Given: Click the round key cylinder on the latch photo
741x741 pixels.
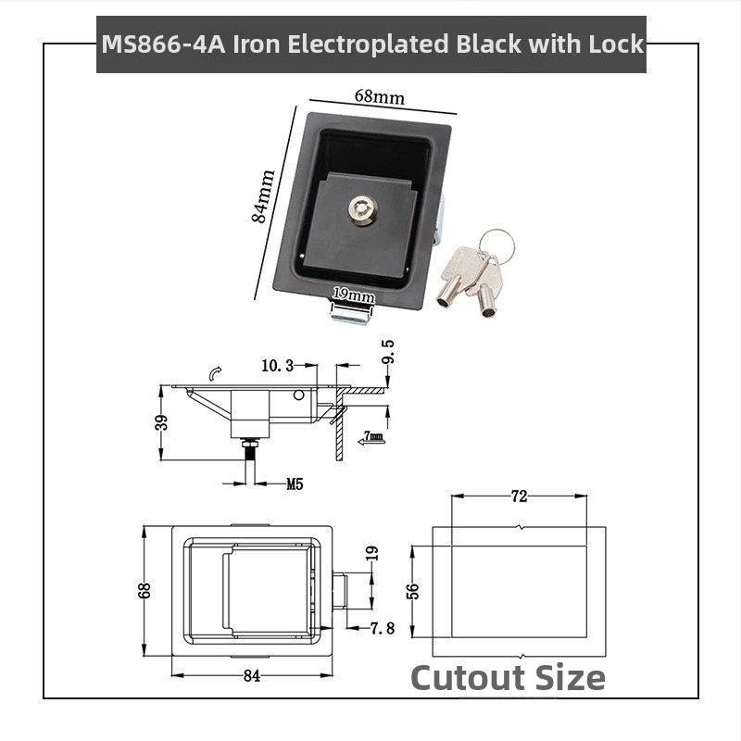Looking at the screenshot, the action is coord(361,211).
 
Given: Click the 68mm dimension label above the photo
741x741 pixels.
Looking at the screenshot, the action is coord(380,97).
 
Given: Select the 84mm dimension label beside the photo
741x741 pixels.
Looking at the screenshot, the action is coord(263,195).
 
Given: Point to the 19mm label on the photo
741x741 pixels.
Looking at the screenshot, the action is coord(354,295).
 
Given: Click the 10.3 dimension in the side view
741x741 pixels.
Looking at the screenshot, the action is coord(277,365).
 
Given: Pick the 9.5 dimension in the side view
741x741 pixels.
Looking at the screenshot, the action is coord(388,352).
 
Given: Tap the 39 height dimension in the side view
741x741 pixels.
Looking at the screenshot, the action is coord(161,422).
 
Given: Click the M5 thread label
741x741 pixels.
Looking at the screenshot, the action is coord(295,484).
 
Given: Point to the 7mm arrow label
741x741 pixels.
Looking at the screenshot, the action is coord(372,438).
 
